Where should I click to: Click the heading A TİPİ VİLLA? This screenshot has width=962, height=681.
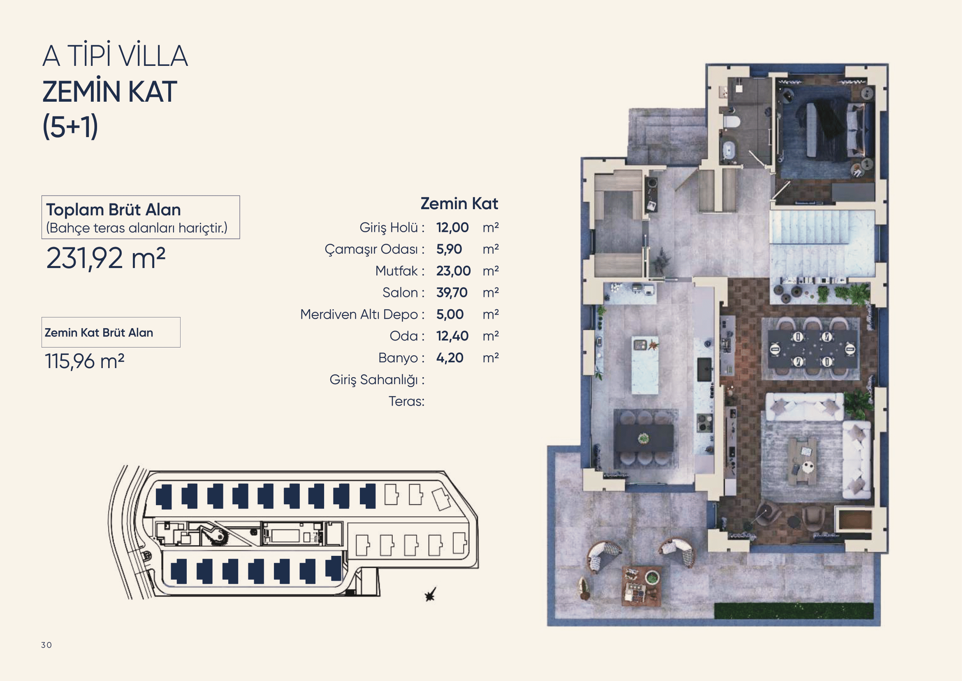tap(115, 56)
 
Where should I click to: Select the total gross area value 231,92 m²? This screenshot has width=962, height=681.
tap(106, 258)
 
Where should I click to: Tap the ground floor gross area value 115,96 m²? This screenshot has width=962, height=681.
tap(85, 361)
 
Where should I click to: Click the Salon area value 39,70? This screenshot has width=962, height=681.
tap(452, 292)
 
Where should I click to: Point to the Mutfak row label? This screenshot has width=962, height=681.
tap(397, 271)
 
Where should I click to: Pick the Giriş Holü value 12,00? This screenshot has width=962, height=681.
tap(452, 227)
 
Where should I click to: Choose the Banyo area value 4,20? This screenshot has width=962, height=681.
tap(450, 358)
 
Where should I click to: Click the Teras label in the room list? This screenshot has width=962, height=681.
tap(406, 401)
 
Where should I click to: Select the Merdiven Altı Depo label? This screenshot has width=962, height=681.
tap(359, 315)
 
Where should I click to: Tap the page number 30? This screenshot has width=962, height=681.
tap(46, 645)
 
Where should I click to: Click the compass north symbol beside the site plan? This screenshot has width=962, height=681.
tap(430, 594)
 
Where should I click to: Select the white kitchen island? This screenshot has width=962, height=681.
tap(644, 365)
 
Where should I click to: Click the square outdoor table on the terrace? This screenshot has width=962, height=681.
tap(642, 585)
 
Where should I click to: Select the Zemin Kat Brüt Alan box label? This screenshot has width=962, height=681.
tap(99, 333)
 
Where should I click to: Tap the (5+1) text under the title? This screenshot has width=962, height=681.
tap(70, 126)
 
